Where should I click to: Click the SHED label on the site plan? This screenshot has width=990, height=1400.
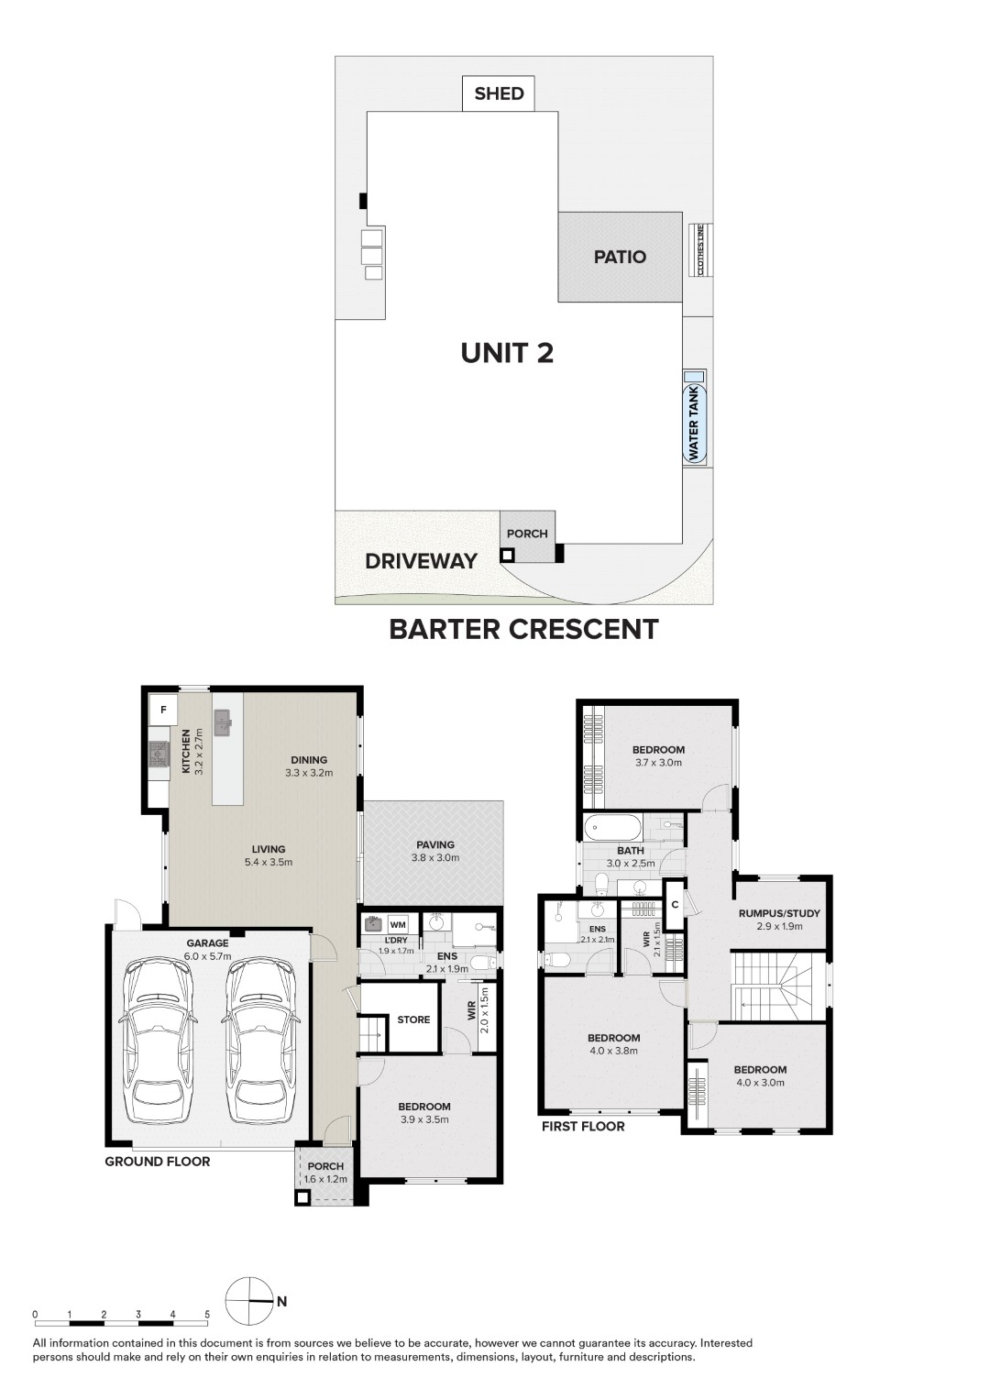(499, 94)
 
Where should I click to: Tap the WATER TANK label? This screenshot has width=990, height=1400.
(694, 422)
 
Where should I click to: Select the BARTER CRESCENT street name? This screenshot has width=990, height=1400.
(523, 629)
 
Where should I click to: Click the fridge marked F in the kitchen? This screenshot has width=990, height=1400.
(163, 709)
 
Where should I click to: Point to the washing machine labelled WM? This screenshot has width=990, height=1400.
(397, 924)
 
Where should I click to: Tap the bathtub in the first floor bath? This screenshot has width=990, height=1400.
(613, 829)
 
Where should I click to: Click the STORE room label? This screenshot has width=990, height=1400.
(413, 1020)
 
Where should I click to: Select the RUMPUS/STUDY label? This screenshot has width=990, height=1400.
(779, 913)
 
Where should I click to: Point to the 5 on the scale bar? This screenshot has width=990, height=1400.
(207, 1315)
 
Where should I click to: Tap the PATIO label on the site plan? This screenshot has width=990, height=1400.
(620, 257)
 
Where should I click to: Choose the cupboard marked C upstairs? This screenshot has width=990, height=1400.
(674, 905)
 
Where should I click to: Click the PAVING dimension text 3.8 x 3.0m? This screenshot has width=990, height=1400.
(435, 858)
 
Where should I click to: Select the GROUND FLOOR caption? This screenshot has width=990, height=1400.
(158, 1162)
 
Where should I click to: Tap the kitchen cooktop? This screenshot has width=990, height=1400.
(158, 754)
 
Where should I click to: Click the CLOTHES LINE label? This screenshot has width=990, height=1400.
(701, 250)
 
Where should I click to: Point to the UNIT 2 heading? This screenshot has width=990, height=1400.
(507, 353)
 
